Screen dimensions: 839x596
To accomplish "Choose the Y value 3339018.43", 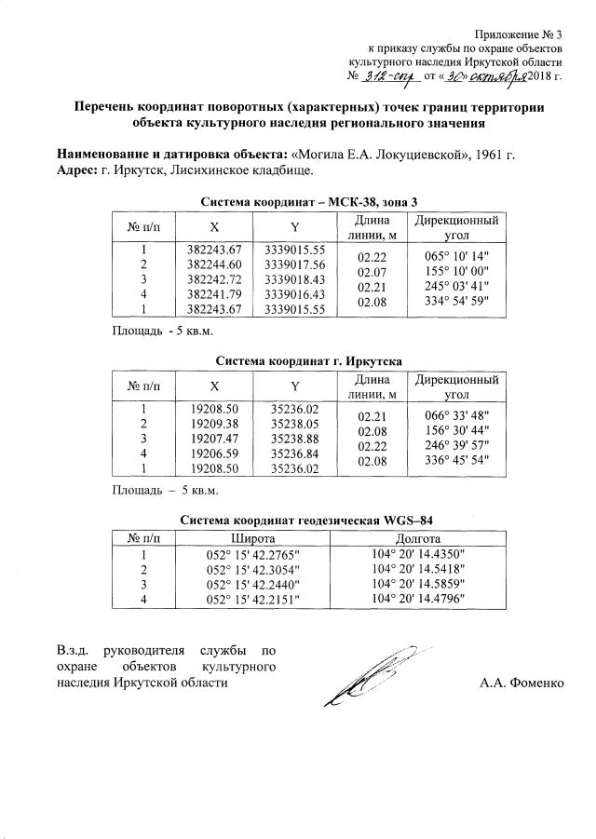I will [x=294, y=279].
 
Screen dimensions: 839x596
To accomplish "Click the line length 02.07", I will [x=372, y=272].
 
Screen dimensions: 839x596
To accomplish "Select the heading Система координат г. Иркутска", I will [x=307, y=359].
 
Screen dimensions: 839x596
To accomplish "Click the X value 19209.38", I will [x=214, y=423].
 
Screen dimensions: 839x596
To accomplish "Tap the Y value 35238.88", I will [x=294, y=438].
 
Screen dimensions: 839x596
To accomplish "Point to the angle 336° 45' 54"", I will [x=456, y=460].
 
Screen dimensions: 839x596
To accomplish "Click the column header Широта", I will [x=251, y=538].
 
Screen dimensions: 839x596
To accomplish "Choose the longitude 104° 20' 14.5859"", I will [x=417, y=583].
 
